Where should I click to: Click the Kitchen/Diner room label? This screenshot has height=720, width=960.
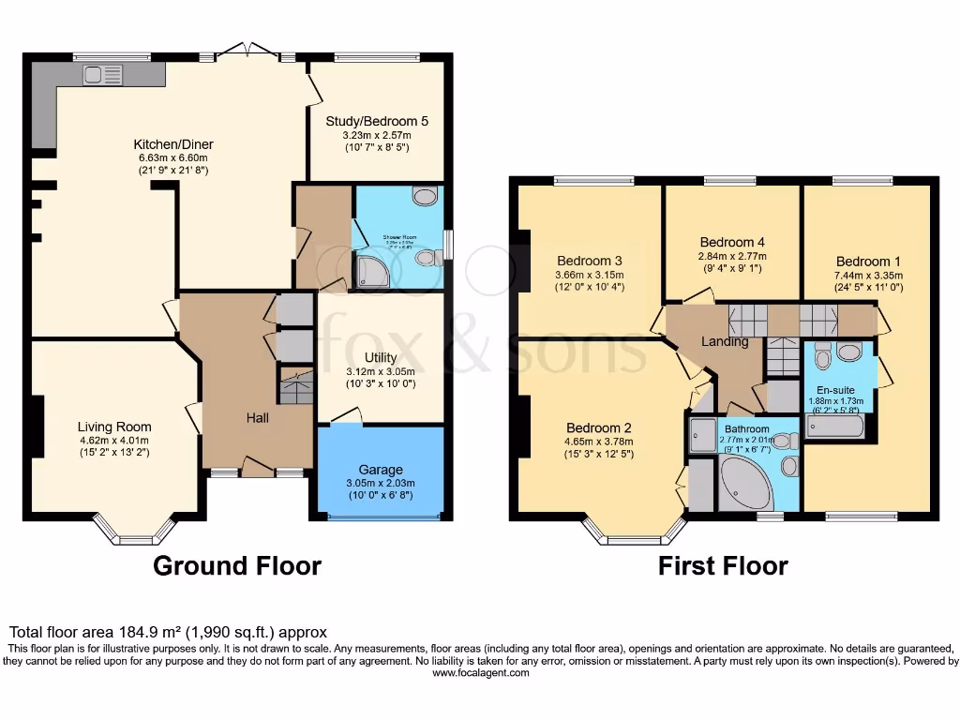tap(173, 144)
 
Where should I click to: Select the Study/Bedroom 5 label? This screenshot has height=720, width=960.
tap(377, 121)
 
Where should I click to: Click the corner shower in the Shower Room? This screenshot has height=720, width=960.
tap(367, 270)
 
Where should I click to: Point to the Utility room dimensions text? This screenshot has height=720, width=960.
tap(381, 377)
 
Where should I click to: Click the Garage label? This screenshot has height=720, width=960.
tap(381, 470)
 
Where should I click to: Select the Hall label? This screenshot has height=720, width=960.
tap(258, 417)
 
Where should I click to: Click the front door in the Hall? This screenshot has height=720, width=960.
tap(255, 467)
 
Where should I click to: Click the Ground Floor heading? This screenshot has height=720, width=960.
tap(237, 566)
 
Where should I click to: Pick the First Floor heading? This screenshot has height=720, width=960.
tap(723, 566)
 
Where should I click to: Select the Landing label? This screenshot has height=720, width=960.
tap(726, 341)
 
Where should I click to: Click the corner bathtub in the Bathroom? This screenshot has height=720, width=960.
tap(745, 486)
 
